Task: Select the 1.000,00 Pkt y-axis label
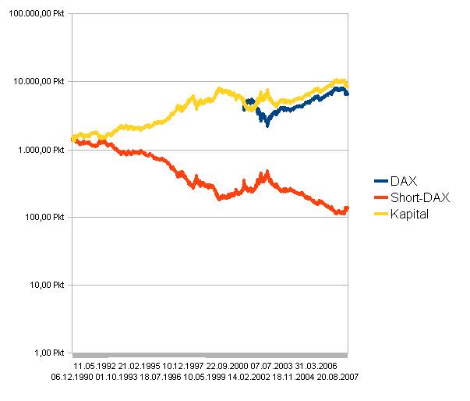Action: pos(38,150)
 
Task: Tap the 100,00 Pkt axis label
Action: pos(43,217)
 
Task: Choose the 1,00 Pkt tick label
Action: pos(48,353)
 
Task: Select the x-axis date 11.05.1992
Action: pos(95,365)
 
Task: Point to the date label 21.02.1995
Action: pos(140,365)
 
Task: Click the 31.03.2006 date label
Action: pos(316,365)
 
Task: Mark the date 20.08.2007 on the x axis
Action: pos(336,376)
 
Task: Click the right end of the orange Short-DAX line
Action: pos(348,208)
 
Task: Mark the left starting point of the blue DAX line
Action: pos(244,108)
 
